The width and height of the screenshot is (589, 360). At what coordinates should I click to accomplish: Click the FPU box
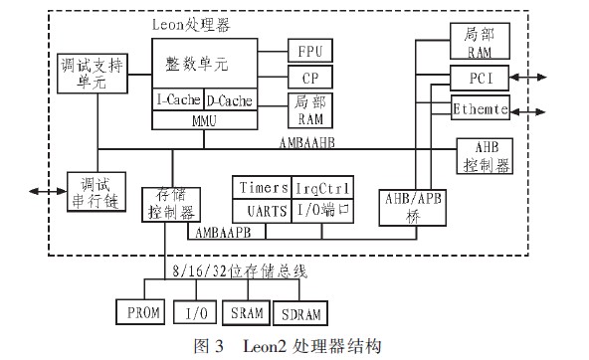point(310,51)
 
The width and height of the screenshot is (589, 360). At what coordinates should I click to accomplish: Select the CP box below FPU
point(310,77)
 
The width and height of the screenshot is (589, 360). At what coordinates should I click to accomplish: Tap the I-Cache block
point(178,100)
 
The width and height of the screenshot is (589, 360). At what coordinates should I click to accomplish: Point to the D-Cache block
point(230,100)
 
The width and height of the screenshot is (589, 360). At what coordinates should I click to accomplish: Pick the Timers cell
point(262,188)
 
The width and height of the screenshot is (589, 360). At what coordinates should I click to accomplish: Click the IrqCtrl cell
point(319,188)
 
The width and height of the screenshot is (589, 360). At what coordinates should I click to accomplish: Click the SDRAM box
point(300,313)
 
